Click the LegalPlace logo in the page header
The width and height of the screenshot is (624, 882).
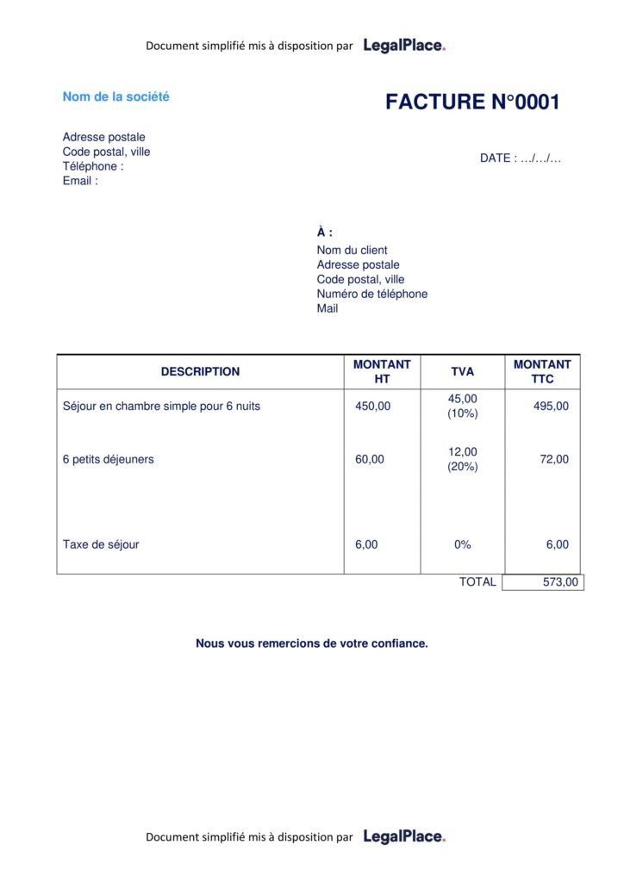[x=404, y=46]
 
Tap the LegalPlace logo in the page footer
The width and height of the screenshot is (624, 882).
[x=404, y=836]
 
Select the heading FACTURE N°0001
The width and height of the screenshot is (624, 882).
[x=472, y=102]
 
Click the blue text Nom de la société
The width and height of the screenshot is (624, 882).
[x=115, y=96]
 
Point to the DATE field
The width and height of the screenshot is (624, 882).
[x=521, y=158]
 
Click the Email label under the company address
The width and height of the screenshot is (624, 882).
[x=80, y=181]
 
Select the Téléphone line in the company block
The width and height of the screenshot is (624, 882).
[x=93, y=166]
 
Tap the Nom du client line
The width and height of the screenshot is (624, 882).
[x=352, y=250]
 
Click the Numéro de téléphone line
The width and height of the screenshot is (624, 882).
[x=371, y=294]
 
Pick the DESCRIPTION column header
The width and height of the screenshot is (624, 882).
[x=200, y=372]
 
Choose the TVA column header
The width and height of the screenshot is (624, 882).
[x=462, y=372]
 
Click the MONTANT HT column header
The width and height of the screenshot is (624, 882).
[x=382, y=372]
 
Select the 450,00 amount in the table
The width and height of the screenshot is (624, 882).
[x=372, y=407]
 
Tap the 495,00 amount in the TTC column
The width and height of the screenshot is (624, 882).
[x=551, y=407]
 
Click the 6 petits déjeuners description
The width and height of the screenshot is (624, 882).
[x=108, y=459]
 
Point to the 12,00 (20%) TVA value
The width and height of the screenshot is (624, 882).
[x=462, y=459]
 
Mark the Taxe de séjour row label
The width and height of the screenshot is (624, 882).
[x=101, y=544]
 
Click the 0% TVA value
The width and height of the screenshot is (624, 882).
[x=462, y=544]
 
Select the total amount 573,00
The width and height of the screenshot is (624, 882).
[x=560, y=582]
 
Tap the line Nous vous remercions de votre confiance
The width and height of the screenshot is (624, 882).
[x=311, y=643]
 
